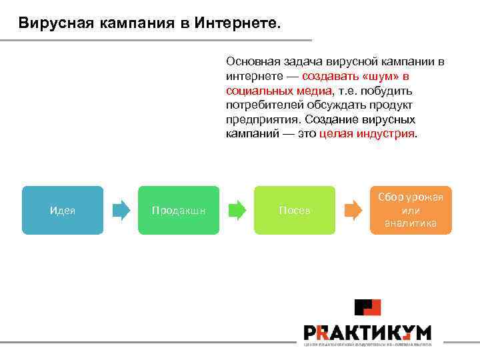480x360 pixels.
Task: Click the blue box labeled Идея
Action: pyautogui.click(x=62, y=210)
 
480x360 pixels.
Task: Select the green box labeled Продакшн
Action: pyautogui.click(x=178, y=210)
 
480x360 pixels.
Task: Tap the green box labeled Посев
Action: pyautogui.click(x=294, y=210)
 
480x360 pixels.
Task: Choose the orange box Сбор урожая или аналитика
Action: pyautogui.click(x=411, y=210)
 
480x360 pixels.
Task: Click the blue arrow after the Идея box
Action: pyautogui.click(x=121, y=211)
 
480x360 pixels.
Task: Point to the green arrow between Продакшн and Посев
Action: pyautogui.click(x=237, y=211)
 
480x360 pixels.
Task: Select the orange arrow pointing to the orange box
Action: pyautogui.click(x=353, y=211)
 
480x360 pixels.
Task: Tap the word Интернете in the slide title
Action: pyautogui.click(x=239, y=24)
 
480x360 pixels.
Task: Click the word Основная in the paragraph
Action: pyautogui.click(x=250, y=62)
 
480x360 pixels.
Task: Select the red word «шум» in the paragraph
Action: pyautogui.click(x=376, y=76)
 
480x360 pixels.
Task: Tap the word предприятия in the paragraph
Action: pyautogui.click(x=263, y=119)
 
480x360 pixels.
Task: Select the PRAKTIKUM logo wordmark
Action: pyautogui.click(x=367, y=333)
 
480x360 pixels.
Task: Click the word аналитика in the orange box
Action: pyautogui.click(x=411, y=223)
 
